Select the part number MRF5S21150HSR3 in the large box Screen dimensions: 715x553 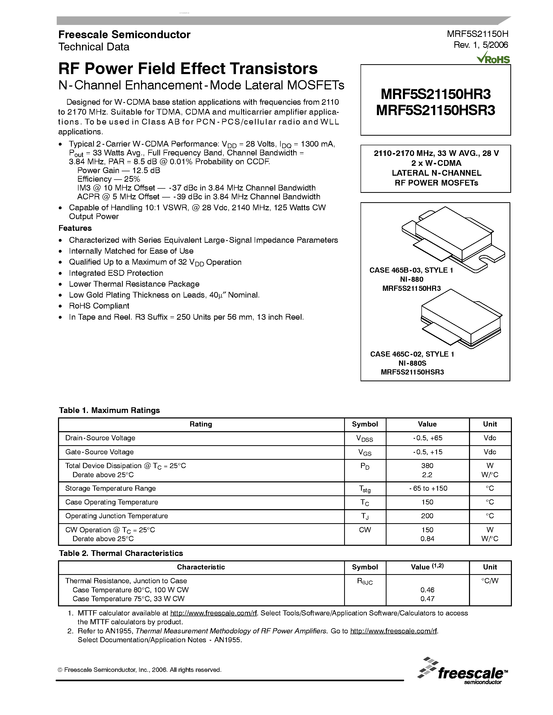(435, 110)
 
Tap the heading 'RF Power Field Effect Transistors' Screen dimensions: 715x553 (188, 69)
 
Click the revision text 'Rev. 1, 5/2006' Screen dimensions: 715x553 (481, 45)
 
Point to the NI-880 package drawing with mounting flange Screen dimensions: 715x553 (453, 239)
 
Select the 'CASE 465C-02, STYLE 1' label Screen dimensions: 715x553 (412, 354)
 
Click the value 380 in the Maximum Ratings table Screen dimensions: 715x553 (427, 465)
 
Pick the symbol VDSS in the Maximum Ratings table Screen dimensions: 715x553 (364, 439)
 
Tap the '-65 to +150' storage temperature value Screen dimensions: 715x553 (428, 488)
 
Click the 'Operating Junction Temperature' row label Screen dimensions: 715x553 (116, 516)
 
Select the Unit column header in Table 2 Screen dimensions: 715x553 (490, 567)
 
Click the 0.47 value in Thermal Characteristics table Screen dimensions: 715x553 (427, 599)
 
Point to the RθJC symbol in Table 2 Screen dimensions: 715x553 (364, 581)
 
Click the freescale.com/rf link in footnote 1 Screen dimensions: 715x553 (214, 613)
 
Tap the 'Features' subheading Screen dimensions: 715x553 (75, 228)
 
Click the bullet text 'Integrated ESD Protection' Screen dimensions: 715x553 (116, 273)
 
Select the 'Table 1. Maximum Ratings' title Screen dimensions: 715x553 (109, 410)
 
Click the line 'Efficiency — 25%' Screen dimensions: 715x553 (108, 179)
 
